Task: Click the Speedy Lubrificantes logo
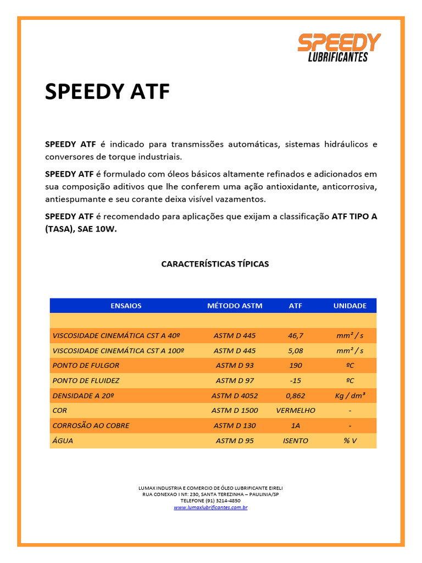click(339, 48)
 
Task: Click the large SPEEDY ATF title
click(107, 91)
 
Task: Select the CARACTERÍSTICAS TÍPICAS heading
click(215, 264)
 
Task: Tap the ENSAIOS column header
click(126, 306)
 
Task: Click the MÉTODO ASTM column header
click(235, 306)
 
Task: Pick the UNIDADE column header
click(349, 306)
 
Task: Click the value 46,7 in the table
click(295, 335)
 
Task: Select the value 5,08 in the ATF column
click(295, 350)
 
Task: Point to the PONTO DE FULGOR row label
click(86, 365)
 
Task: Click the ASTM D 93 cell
click(235, 365)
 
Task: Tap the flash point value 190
click(295, 365)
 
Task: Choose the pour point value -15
click(295, 380)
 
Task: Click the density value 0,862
click(295, 395)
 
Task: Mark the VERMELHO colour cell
click(295, 410)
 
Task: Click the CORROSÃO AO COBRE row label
click(91, 426)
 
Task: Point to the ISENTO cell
click(295, 440)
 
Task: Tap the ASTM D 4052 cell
click(235, 395)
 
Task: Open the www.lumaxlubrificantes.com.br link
click(210, 507)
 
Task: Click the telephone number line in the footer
click(210, 501)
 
